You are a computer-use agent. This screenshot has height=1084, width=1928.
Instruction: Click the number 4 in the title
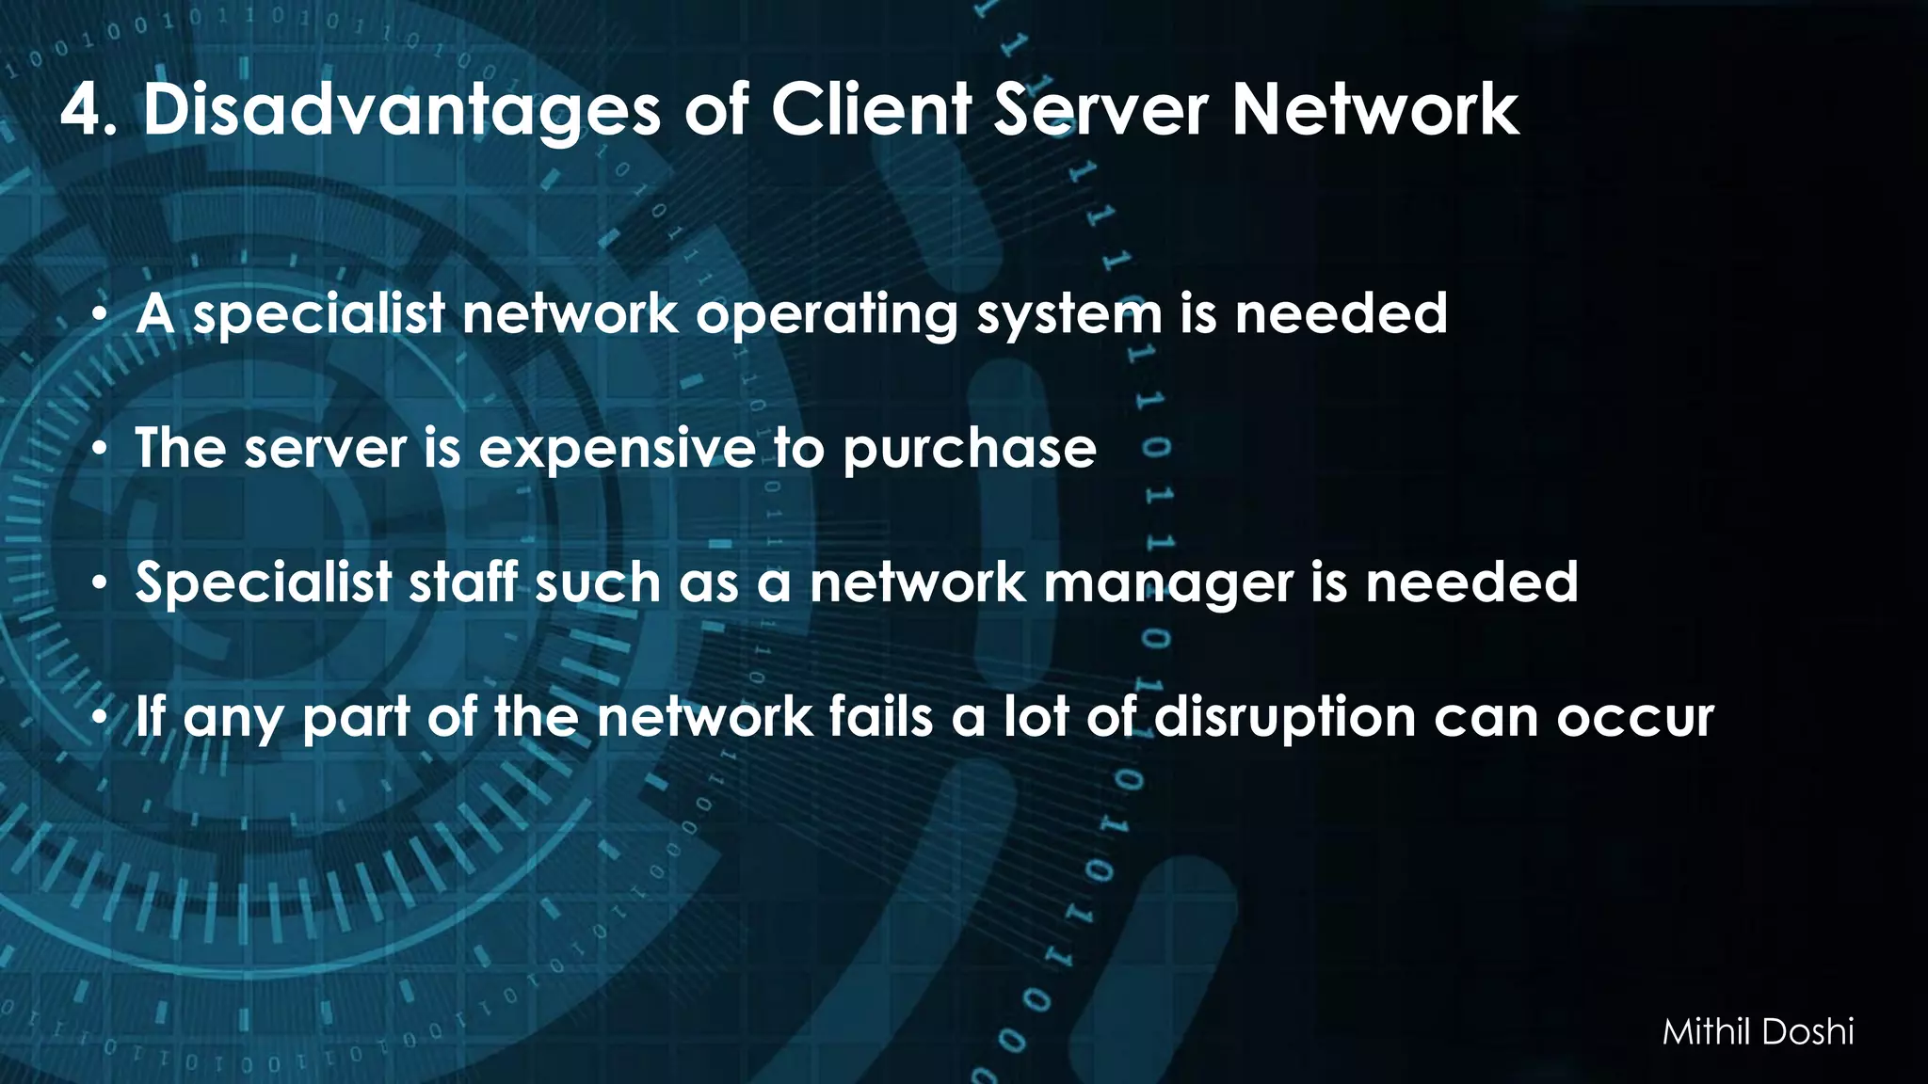pos(82,111)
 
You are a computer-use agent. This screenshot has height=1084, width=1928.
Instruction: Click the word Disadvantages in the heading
pos(402,111)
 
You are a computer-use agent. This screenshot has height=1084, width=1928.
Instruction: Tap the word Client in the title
pos(871,109)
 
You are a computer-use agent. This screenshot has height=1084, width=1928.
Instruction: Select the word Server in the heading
pos(1100,109)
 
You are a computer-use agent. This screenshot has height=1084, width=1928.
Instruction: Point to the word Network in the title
pos(1375,109)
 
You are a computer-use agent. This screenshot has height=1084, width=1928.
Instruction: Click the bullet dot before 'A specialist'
pos(99,315)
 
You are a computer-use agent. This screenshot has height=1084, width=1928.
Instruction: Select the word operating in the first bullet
pos(826,315)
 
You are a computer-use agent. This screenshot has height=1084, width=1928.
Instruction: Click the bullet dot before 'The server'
pos(99,450)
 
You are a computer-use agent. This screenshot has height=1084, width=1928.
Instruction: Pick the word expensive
pos(617,450)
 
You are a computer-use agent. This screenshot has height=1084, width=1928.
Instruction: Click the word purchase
pos(970,450)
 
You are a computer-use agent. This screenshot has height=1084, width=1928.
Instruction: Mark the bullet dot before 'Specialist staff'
pos(99,584)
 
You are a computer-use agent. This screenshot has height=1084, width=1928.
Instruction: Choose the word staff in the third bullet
pos(462,582)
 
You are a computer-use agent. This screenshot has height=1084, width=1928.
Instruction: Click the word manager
pos(1168,584)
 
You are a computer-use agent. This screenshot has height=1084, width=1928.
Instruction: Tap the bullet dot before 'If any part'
pos(99,719)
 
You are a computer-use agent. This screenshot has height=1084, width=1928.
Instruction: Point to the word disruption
pos(1284,719)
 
